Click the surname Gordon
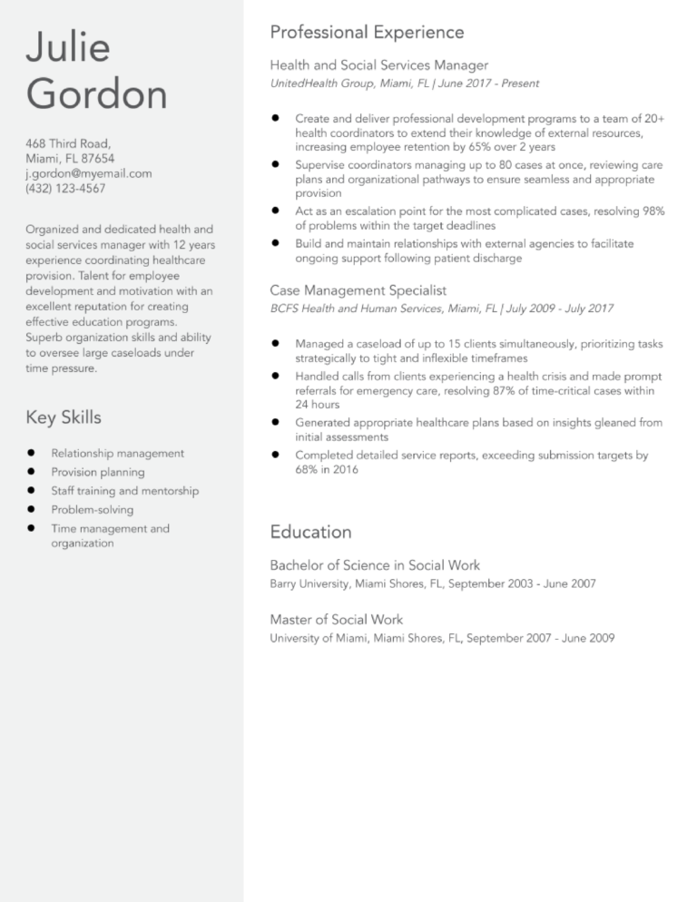[x=96, y=94]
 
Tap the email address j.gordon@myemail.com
[x=89, y=173]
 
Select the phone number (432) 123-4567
[x=65, y=189]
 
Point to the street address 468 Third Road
[x=68, y=143]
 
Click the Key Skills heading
[x=64, y=417]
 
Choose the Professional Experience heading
[x=367, y=33]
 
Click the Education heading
[x=310, y=532]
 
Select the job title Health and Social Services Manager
[x=379, y=65]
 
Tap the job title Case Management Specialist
[x=358, y=290]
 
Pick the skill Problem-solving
[x=92, y=510]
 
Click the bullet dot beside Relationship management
[x=31, y=453]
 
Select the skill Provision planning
[x=97, y=472]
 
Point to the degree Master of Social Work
[x=337, y=620]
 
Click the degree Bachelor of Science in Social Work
[x=375, y=565]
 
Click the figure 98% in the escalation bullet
[x=653, y=211]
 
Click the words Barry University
[x=311, y=583]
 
